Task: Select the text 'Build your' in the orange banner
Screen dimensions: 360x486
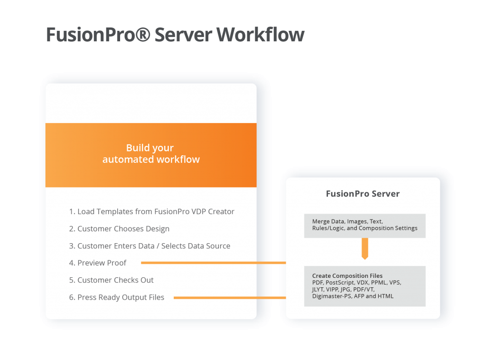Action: (x=150, y=148)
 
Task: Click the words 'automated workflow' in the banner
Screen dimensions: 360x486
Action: (x=151, y=160)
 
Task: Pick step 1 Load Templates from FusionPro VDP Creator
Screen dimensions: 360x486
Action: (x=151, y=211)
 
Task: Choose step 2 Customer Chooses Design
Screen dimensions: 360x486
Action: (x=119, y=228)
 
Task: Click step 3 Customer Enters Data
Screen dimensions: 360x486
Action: (x=150, y=246)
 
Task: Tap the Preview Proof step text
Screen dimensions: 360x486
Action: (x=102, y=263)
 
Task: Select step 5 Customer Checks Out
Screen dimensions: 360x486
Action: (x=111, y=280)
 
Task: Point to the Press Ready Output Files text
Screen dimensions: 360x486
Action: (x=116, y=297)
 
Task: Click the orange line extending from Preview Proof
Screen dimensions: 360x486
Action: (x=214, y=262)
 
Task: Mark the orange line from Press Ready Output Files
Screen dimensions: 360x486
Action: (x=230, y=298)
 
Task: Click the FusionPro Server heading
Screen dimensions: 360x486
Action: (x=363, y=194)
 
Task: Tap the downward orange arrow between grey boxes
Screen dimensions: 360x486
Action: (x=364, y=248)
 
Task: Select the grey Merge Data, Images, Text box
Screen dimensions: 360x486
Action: (x=364, y=225)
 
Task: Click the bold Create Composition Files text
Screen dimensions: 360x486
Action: (x=347, y=275)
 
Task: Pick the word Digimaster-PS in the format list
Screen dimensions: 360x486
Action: (x=332, y=296)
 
